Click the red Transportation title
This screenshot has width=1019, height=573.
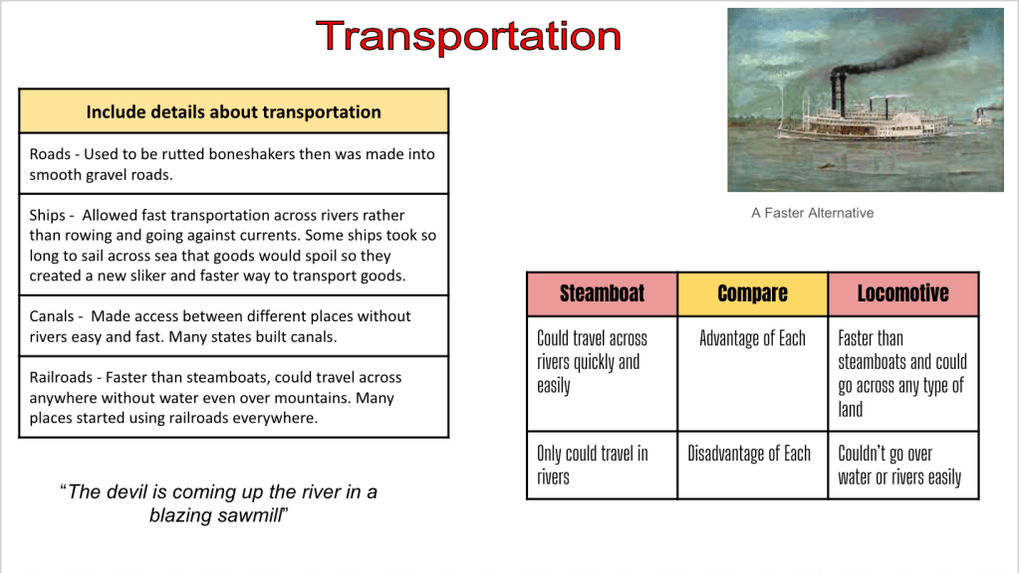coord(468,36)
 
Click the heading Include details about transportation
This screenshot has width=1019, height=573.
coord(233,111)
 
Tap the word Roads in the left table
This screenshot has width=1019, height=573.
coord(50,154)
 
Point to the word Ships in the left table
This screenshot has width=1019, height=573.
coord(48,216)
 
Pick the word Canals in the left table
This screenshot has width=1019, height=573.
coord(52,316)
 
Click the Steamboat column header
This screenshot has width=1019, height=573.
coord(602,294)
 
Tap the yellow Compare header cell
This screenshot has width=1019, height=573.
coord(753,294)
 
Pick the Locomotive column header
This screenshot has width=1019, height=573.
coord(903,294)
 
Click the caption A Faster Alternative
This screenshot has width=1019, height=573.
coord(813,213)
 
